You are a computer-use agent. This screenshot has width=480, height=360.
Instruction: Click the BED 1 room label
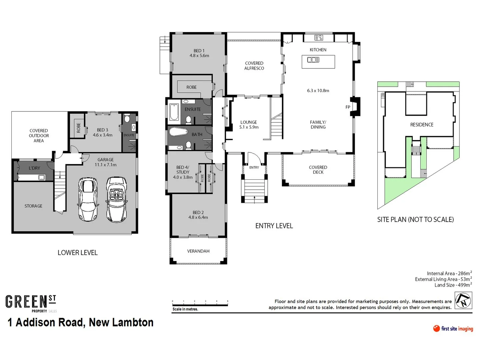199,53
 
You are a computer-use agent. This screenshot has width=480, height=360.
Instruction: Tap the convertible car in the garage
116,199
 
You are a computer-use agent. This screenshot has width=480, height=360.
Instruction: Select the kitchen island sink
313,60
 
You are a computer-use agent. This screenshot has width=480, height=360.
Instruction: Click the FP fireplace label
348,107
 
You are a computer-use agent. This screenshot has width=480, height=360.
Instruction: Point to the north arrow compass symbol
463,300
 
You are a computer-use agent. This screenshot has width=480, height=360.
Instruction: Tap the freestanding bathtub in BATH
179,132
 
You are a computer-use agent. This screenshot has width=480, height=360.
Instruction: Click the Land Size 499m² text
453,285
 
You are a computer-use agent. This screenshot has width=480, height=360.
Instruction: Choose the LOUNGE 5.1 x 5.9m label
249,125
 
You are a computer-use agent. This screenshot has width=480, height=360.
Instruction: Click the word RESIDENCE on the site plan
422,125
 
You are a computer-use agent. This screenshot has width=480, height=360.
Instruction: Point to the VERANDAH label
198,251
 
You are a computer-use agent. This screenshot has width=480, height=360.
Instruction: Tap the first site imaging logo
453,329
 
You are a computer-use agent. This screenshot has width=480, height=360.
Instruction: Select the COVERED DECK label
318,170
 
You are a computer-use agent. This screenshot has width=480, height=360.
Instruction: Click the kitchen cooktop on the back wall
318,38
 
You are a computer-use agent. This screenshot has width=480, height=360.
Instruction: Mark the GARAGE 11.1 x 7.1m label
105,162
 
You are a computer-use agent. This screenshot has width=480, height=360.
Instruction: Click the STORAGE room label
33,206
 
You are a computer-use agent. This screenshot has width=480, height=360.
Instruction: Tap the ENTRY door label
254,167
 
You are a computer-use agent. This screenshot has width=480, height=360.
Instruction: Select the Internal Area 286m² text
449,273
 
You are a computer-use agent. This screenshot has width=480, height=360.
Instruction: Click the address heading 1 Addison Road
80,322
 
